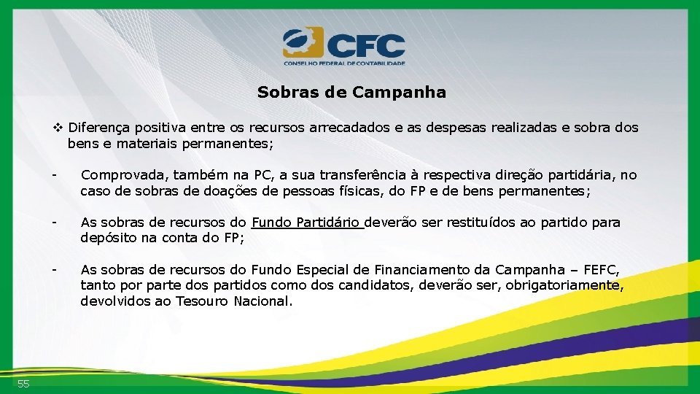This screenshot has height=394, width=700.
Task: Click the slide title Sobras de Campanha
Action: click(x=351, y=93)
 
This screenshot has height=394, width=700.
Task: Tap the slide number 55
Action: click(x=23, y=384)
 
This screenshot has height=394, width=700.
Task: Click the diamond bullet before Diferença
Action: click(x=58, y=128)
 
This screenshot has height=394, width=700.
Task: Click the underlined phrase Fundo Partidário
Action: click(x=307, y=223)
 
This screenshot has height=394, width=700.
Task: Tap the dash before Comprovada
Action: click(x=54, y=175)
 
